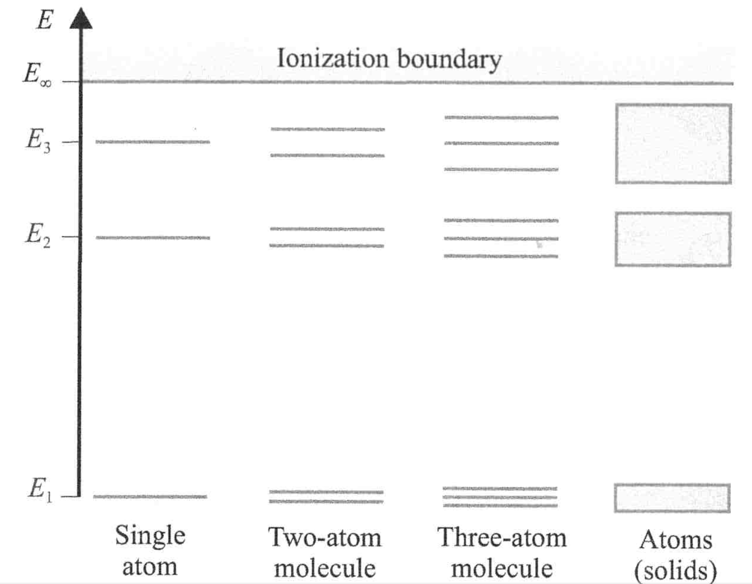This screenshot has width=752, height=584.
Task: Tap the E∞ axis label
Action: point(37,75)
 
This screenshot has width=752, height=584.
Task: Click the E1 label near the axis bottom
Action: point(40,490)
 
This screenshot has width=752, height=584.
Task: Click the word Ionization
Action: point(333,58)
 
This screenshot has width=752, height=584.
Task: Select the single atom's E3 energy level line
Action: point(153,142)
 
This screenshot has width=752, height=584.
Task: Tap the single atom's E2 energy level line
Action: point(153,238)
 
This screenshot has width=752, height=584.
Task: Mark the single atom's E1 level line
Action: point(150,497)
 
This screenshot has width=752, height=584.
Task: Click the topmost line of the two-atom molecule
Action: point(327,129)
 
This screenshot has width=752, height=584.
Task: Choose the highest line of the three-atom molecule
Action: point(502,118)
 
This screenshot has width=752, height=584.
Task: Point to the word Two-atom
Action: point(325,538)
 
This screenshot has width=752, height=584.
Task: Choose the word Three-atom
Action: point(502,538)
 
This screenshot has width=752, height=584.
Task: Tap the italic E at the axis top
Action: point(45,19)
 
